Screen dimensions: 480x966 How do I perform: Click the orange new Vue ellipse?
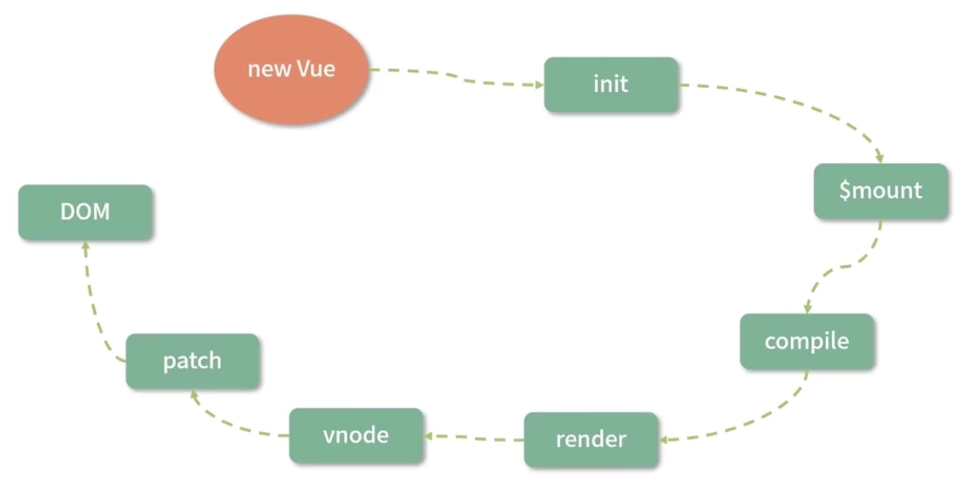point(291,70)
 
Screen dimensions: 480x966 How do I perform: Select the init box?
point(611,85)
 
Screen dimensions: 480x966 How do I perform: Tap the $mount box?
point(880,191)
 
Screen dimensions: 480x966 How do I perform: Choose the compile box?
point(806,341)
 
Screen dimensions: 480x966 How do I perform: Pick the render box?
point(591,440)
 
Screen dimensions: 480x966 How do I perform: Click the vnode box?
point(356,435)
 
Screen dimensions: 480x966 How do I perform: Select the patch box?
point(192,361)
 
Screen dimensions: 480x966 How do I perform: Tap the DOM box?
point(85,212)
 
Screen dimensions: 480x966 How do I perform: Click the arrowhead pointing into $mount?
point(879,158)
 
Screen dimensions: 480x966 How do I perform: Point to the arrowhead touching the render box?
point(664,440)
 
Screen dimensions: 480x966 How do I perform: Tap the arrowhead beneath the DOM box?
point(86,246)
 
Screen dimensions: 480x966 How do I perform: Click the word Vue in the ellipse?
point(316,69)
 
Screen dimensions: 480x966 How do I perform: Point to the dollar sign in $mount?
point(845,191)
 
